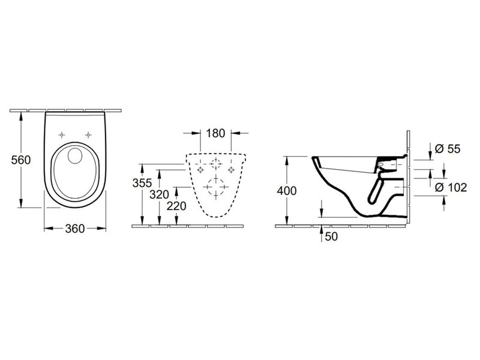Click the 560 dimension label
21,160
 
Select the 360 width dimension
74,229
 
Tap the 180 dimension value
215,133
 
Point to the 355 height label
142,183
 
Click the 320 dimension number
159,194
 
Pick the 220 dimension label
176,206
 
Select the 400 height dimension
287,191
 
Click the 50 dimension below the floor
331,236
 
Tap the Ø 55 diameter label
448,149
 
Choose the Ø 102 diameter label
451,187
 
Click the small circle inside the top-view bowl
74,155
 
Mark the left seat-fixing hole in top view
62,134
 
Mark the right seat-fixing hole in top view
88,134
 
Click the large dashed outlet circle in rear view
216,187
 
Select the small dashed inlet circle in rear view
216,164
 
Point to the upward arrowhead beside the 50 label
321,230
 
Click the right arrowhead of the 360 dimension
101,229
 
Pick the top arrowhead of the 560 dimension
21,116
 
